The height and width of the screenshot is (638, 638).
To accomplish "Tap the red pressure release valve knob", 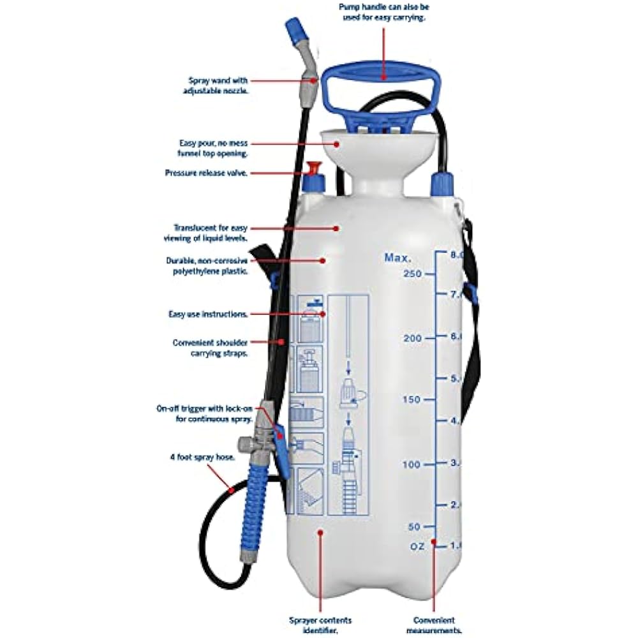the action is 313,168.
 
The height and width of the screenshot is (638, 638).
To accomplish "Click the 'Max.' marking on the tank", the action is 397,258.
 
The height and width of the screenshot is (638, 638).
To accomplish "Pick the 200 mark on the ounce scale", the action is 413,338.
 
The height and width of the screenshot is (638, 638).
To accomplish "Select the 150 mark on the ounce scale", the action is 412,399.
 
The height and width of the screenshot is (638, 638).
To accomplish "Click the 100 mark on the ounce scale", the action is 412,464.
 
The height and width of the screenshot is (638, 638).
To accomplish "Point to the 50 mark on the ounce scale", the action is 415,526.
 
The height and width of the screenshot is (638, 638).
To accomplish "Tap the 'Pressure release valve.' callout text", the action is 206,173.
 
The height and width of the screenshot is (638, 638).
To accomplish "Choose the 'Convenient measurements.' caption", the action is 434,625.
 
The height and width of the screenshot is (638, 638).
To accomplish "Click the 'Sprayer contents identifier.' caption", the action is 320,625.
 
